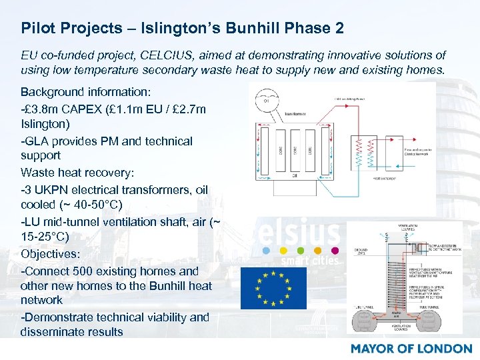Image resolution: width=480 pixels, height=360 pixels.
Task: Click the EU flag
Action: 273,288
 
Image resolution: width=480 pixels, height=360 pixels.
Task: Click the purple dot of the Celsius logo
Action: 335,251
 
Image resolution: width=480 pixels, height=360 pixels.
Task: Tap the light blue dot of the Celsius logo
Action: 266,251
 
